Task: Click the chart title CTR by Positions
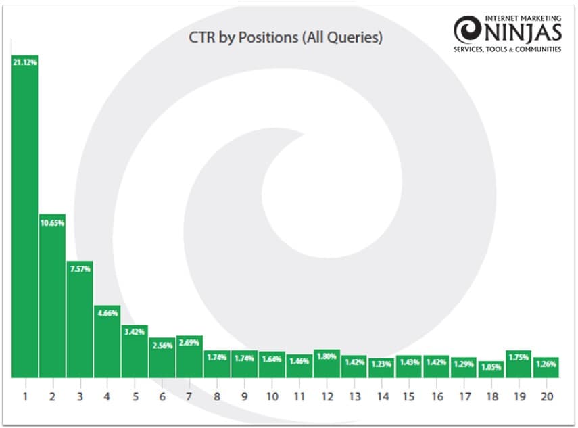(285, 38)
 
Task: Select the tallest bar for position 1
(24, 216)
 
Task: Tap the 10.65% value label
(52, 223)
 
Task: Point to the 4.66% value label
(107, 313)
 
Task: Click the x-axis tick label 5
(135, 396)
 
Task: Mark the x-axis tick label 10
(272, 396)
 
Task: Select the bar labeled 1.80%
(327, 364)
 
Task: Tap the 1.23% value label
(381, 364)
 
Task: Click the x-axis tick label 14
(381, 396)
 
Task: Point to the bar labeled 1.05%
(491, 369)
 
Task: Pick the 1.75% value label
(519, 357)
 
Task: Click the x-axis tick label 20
(546, 396)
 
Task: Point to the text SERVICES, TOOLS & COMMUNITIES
(508, 49)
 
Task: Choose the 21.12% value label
(24, 62)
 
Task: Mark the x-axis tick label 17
(464, 396)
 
